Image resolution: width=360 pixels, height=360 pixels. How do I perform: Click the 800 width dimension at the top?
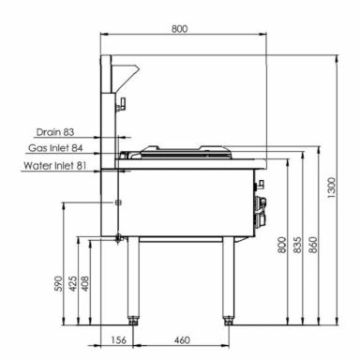[x=179, y=29]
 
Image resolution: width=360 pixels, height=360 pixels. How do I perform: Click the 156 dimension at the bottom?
[x=119, y=340]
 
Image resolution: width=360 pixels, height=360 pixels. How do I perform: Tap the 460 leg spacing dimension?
[x=182, y=340]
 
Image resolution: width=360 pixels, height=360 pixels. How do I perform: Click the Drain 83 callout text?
[x=55, y=132]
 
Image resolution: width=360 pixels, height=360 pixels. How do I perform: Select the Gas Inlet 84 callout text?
[x=55, y=148]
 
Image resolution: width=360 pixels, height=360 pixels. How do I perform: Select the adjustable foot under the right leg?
[x=228, y=320]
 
